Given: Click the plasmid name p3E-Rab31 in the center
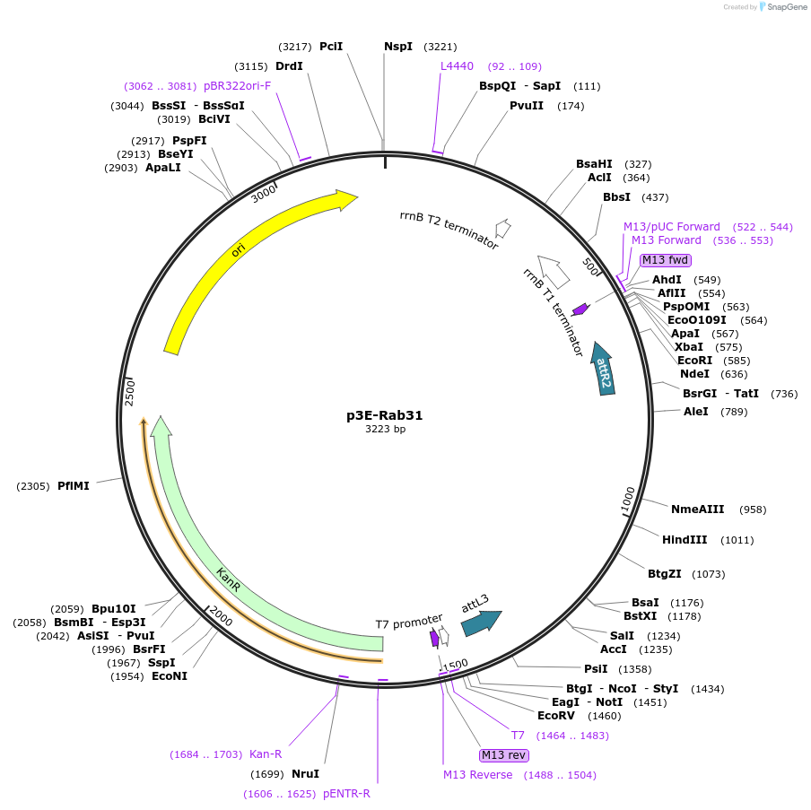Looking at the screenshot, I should click(x=384, y=415).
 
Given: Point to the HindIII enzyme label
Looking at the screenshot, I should click(x=685, y=540).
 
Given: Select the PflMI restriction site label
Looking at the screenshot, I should click(x=74, y=486).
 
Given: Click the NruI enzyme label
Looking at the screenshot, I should click(x=305, y=773).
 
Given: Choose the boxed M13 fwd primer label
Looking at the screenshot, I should click(x=665, y=260).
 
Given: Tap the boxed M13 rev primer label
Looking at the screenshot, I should click(x=503, y=754).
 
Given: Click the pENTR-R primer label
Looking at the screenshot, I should click(x=346, y=794).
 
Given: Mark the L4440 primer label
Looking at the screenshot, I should click(x=457, y=66).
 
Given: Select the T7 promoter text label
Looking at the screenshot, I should click(x=409, y=622).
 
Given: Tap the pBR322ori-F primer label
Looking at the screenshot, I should click(x=237, y=86).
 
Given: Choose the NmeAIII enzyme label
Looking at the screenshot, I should click(x=697, y=510).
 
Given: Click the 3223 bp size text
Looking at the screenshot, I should click(x=384, y=430).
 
